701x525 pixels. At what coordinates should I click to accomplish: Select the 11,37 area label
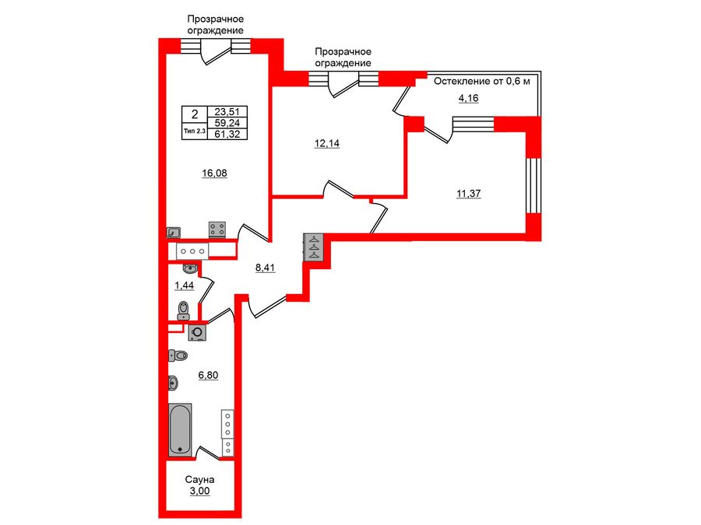pyautogui.click(x=468, y=194)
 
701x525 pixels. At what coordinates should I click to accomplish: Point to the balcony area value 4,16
pyautogui.click(x=468, y=98)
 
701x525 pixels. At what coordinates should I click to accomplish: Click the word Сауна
pyautogui.click(x=199, y=480)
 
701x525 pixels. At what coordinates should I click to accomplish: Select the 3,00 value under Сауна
pyautogui.click(x=199, y=492)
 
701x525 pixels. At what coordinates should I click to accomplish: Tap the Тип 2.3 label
pyautogui.click(x=193, y=131)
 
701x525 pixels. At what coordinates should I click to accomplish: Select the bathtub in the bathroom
pyautogui.click(x=181, y=429)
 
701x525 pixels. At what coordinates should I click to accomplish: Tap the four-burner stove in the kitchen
pyautogui.click(x=217, y=229)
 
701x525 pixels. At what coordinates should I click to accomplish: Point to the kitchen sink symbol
pyautogui.click(x=174, y=232)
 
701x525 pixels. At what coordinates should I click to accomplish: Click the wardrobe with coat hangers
pyautogui.click(x=313, y=247)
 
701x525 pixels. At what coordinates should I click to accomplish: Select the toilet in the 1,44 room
pyautogui.click(x=184, y=311)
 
